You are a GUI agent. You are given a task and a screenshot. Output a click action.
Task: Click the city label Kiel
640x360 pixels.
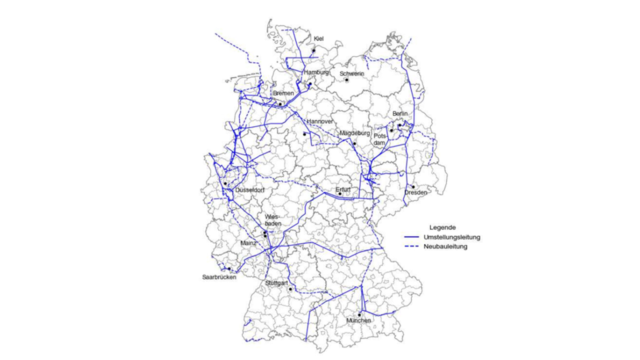coord(318,39)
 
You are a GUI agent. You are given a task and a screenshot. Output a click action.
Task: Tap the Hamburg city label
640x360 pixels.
coord(316,72)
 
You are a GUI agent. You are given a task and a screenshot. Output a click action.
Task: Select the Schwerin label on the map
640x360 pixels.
coord(352,74)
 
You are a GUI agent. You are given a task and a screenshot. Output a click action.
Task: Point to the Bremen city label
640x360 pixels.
coord(283,93)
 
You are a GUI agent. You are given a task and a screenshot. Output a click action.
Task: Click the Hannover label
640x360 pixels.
coord(320,122)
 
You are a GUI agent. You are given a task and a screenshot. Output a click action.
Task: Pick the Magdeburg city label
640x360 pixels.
coord(355,133)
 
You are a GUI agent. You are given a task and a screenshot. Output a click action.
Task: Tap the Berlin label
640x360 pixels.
coord(400,114)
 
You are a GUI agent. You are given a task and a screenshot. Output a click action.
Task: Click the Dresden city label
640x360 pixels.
coord(416,193)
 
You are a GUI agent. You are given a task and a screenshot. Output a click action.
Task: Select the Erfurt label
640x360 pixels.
coord(343,190)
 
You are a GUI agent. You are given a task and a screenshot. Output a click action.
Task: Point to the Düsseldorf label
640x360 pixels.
coord(250,190)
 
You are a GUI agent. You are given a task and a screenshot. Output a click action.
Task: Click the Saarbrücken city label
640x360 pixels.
coord(219,277)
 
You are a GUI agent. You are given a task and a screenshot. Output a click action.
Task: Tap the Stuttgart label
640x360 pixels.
coord(276,283)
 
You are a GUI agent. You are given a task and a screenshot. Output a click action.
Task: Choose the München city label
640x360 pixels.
coord(358,320)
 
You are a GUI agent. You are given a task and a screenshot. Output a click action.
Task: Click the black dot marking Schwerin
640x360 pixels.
coord(347,80)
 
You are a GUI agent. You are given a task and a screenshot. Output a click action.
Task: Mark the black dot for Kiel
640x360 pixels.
coord(314,51)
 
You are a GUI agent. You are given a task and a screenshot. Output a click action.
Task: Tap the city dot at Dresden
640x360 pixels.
coord(413,187)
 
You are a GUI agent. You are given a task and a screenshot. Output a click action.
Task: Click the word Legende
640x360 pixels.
coord(442,228)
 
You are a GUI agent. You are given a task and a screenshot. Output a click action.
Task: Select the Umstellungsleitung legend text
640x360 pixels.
coord(452,237)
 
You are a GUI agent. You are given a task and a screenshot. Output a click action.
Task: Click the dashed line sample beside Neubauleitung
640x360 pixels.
coord(411,247)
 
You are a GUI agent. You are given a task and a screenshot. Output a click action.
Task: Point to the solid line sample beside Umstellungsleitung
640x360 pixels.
coord(411,237)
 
